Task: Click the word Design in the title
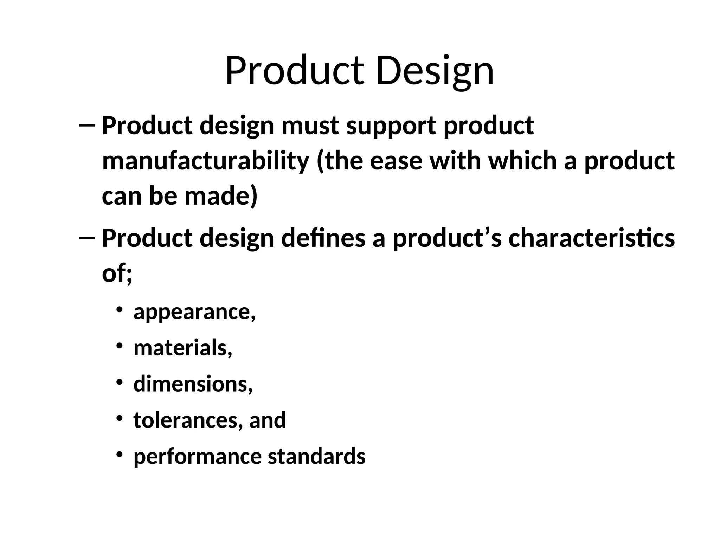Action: [x=435, y=71]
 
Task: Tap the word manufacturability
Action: [x=206, y=161]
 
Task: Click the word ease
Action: [x=396, y=161]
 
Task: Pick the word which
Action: [x=523, y=161]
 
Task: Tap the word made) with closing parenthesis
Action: [x=221, y=196]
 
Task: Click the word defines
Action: [x=323, y=238]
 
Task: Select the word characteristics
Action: [x=592, y=238]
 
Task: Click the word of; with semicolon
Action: [x=117, y=273]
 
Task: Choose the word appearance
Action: [x=194, y=312]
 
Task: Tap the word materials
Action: [x=183, y=348]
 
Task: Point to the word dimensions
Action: [x=193, y=384]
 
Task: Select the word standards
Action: [x=317, y=456]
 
